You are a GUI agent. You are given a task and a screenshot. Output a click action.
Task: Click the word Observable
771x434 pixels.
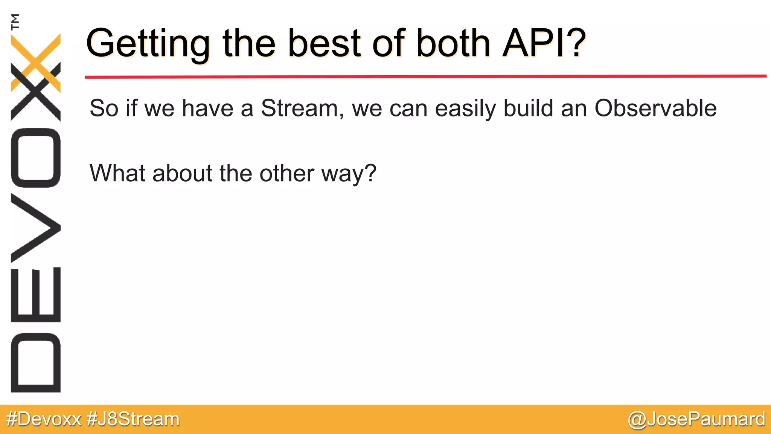655,108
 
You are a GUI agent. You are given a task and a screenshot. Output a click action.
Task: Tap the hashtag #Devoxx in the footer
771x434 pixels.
44,419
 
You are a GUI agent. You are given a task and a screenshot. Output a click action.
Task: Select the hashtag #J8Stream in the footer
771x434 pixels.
133,419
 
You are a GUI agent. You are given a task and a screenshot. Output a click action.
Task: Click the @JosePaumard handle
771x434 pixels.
696,419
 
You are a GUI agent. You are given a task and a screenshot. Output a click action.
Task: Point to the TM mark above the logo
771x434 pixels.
15,21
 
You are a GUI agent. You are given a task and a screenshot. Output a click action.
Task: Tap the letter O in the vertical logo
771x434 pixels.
36,158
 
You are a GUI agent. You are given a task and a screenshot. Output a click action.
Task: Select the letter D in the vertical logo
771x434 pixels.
36,363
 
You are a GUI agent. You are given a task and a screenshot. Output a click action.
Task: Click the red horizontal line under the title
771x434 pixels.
425,76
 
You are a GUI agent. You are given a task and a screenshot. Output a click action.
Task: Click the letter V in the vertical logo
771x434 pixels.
36,228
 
